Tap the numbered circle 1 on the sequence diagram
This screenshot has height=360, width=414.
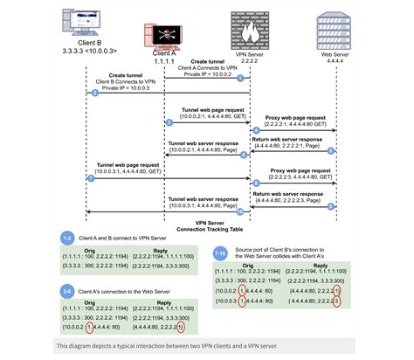(250, 80)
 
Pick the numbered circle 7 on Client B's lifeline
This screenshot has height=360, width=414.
(92, 178)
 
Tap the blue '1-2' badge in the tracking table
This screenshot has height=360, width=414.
(67, 238)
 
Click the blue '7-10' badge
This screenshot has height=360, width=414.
(222, 253)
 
